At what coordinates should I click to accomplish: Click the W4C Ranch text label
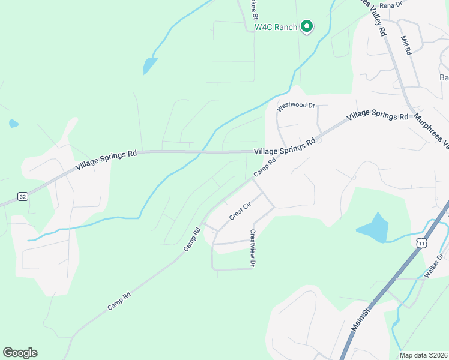pyautogui.click(x=276, y=27)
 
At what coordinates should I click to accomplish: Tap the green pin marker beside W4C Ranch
pyautogui.click(x=307, y=26)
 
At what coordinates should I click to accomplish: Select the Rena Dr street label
pyautogui.click(x=390, y=5)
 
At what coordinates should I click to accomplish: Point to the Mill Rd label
pyautogui.click(x=406, y=45)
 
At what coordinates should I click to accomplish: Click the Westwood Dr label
pyautogui.click(x=296, y=106)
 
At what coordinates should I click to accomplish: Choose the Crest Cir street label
pyautogui.click(x=239, y=210)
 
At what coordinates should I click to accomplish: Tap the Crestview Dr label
pyautogui.click(x=253, y=248)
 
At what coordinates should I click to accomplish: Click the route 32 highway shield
pyautogui.click(x=22, y=196)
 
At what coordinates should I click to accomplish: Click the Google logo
pyautogui.click(x=20, y=353)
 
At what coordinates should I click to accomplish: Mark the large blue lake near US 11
pyautogui.click(x=373, y=228)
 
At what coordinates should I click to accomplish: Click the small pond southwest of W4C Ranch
pyautogui.click(x=149, y=65)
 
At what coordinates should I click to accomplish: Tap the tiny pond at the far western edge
pyautogui.click(x=13, y=124)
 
